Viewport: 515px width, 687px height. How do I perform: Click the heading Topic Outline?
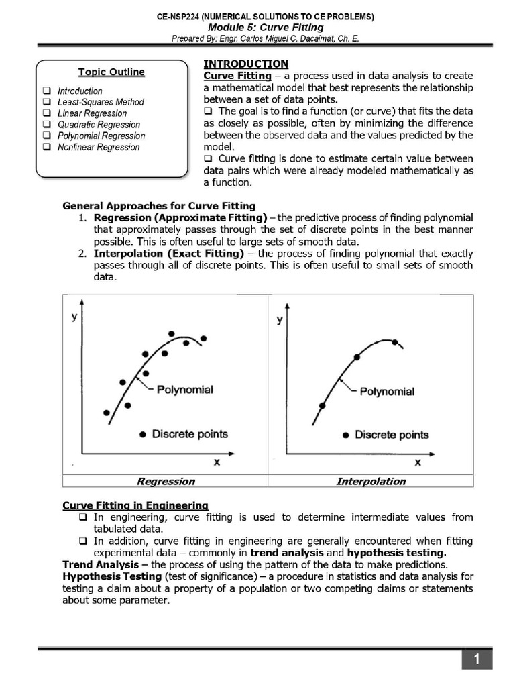click(x=111, y=72)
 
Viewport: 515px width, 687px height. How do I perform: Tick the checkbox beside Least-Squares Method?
click(x=46, y=102)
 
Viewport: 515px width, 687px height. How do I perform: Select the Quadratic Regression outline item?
click(x=99, y=125)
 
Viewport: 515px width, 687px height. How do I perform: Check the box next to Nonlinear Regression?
click(x=46, y=148)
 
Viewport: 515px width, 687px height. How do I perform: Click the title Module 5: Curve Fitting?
click(x=266, y=28)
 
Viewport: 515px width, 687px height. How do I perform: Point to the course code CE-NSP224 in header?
click(x=182, y=16)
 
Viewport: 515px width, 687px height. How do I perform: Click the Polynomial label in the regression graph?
click(x=184, y=389)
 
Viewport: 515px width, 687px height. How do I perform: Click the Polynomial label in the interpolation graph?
click(x=387, y=391)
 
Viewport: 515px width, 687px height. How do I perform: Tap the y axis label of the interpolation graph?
click(x=280, y=320)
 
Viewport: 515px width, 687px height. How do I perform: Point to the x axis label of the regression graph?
click(x=217, y=462)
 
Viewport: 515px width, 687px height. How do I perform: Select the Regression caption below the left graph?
click(x=166, y=481)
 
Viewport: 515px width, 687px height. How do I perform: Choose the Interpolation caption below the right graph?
click(x=371, y=481)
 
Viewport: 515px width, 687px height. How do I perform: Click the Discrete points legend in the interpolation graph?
click(x=391, y=435)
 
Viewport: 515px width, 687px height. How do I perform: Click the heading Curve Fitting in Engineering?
click(x=135, y=505)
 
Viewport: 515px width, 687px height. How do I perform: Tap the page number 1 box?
click(x=476, y=660)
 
